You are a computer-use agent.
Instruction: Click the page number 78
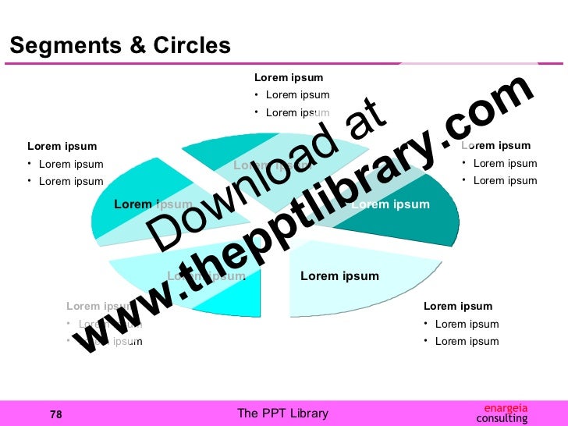coord(55,414)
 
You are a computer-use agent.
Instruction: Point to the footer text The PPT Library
coord(282,414)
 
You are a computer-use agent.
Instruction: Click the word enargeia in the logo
coord(506,407)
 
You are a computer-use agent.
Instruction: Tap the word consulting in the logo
coord(502,419)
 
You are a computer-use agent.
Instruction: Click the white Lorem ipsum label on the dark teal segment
coord(391,204)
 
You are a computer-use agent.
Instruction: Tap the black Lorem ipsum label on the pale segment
coord(339,276)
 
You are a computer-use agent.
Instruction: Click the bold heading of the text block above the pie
coord(289,77)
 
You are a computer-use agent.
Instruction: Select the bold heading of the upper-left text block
coord(62,146)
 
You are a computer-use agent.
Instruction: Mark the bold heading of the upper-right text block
coord(496,145)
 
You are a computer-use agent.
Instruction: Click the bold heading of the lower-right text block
coord(458,306)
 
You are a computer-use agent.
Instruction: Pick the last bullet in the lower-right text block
coord(467,341)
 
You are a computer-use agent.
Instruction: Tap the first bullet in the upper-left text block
coord(70,164)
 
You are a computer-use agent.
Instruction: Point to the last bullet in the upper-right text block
coord(505,180)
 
